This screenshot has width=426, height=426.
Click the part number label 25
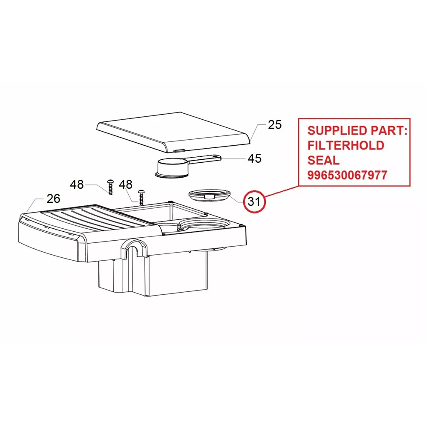click(x=275, y=125)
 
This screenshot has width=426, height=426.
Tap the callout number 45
click(x=254, y=158)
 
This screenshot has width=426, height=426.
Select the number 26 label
click(x=53, y=198)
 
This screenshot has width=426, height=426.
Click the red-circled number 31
click(x=254, y=201)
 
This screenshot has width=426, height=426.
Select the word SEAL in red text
click(x=323, y=160)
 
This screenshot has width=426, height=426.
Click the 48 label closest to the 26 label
click(x=77, y=184)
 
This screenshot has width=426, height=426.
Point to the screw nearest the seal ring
click(x=141, y=196)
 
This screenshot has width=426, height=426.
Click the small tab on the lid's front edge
click(x=180, y=150)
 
